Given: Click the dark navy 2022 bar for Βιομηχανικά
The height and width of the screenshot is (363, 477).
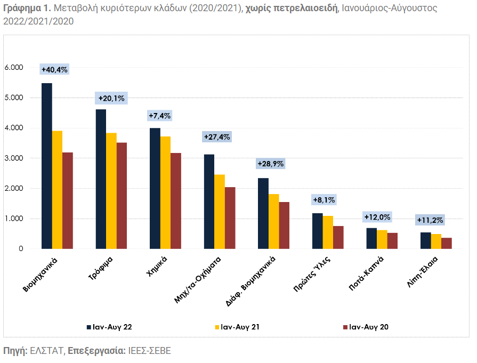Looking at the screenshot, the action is tap(47, 166).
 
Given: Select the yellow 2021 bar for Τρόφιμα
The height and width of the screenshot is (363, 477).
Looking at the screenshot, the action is tap(111, 191).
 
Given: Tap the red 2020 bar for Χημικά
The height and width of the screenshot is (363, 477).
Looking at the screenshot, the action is tap(176, 201).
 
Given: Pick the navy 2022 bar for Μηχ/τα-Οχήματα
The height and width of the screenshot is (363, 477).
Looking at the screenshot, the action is tap(209, 201).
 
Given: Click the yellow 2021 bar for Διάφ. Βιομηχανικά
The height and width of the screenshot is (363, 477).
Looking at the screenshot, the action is tap(274, 222).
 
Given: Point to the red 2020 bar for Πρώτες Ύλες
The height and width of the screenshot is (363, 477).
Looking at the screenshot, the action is tap(338, 237).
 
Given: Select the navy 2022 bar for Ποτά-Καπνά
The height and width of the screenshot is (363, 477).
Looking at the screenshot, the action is tap(371, 238).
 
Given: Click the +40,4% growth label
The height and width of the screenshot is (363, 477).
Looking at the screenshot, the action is tap(54, 69).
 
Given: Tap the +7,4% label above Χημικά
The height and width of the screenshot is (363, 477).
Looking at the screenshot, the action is tap(159, 116).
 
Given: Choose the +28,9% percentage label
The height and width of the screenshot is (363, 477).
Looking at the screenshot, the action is tap(271, 164).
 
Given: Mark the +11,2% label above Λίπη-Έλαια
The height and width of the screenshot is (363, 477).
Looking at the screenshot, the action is tap(430, 220).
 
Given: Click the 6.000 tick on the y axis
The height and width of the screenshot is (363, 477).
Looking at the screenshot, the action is tap(14, 67).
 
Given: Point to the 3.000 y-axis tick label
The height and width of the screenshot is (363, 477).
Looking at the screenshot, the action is tap(14, 158).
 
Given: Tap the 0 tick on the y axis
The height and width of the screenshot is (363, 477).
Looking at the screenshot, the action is tap(21, 248).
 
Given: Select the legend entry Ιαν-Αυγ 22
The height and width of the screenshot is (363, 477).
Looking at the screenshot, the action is tap(109, 327).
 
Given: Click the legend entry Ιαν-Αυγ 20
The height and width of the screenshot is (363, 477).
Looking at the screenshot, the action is tap(366, 327).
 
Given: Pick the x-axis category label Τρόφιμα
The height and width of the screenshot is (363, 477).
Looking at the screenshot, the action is tap(100, 268).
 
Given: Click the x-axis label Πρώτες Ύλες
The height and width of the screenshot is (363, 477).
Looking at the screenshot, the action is tap(312, 274).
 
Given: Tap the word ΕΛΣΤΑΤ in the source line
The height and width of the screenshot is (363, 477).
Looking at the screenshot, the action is tap(46, 351).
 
